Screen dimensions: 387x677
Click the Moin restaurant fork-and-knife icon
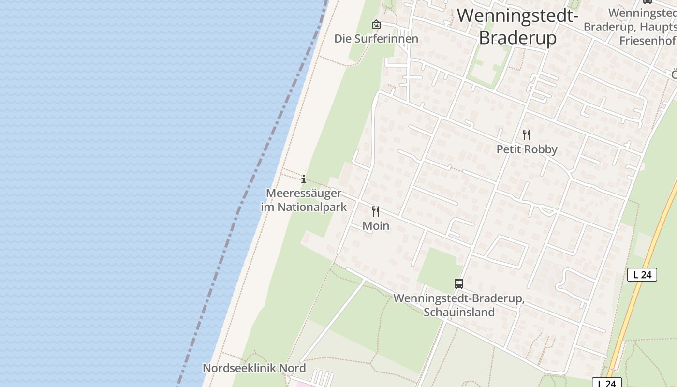376,211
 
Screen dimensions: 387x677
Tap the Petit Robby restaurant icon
527,135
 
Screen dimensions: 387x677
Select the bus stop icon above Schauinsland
459,284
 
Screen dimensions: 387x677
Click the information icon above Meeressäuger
304,179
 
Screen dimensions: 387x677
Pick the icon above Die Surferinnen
376,24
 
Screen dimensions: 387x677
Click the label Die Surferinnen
376,39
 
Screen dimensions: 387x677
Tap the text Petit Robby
527,149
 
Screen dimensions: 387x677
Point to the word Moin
376,226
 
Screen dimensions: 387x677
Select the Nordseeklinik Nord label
254,368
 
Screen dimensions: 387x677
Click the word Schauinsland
459,312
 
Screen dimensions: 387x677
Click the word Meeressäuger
304,193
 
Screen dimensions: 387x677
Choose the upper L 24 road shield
642,275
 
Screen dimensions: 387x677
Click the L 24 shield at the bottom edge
607,383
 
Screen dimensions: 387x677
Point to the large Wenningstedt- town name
517,15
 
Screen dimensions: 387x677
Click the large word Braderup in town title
517,38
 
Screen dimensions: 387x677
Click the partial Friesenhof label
648,40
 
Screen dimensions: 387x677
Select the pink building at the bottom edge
302,384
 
